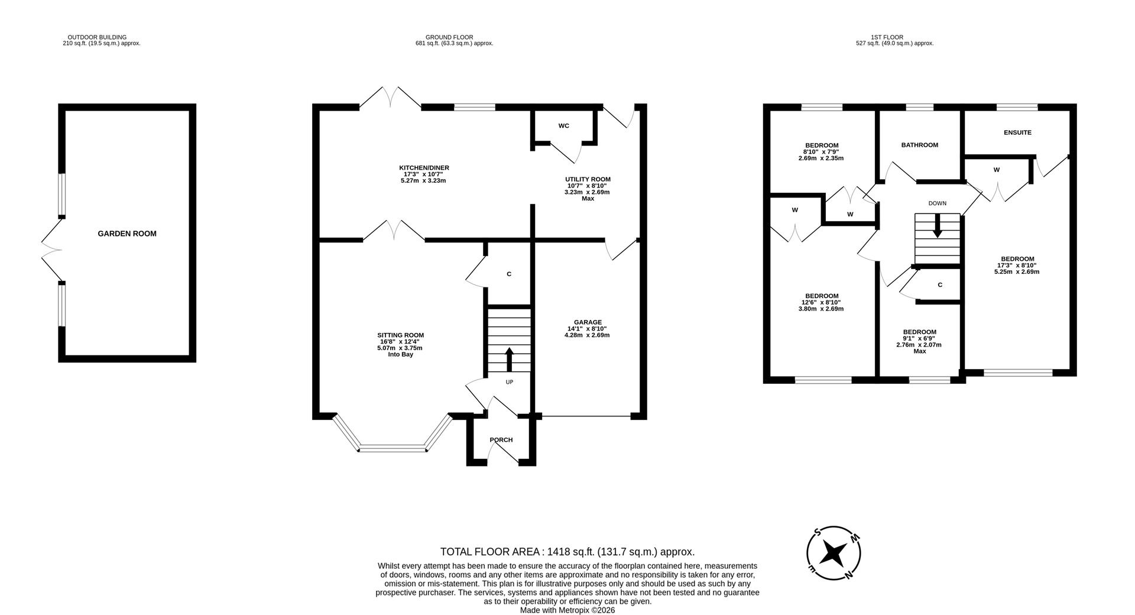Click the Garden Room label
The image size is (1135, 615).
[127, 234]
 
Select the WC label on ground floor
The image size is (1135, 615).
[563, 126]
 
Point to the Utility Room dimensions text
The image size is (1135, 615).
[587, 189]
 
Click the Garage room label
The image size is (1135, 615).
[586, 322]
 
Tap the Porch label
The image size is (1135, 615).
[501, 440]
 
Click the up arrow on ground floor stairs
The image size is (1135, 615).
[509, 359]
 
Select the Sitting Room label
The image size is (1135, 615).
[401, 335]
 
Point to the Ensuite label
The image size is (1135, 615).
[1017, 132]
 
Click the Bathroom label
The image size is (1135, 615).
[919, 145]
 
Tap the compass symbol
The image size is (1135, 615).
[834, 553]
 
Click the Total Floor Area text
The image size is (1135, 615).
[567, 552]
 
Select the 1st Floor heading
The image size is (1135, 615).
[894, 37]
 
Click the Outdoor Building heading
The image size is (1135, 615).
[97, 37]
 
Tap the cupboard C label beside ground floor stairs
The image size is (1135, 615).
[509, 274]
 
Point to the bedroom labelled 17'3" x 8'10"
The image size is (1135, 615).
[1017, 259]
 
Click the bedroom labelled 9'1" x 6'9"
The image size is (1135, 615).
[919, 332]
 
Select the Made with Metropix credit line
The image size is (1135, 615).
[567, 610]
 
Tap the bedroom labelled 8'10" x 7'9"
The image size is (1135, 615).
[821, 145]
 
